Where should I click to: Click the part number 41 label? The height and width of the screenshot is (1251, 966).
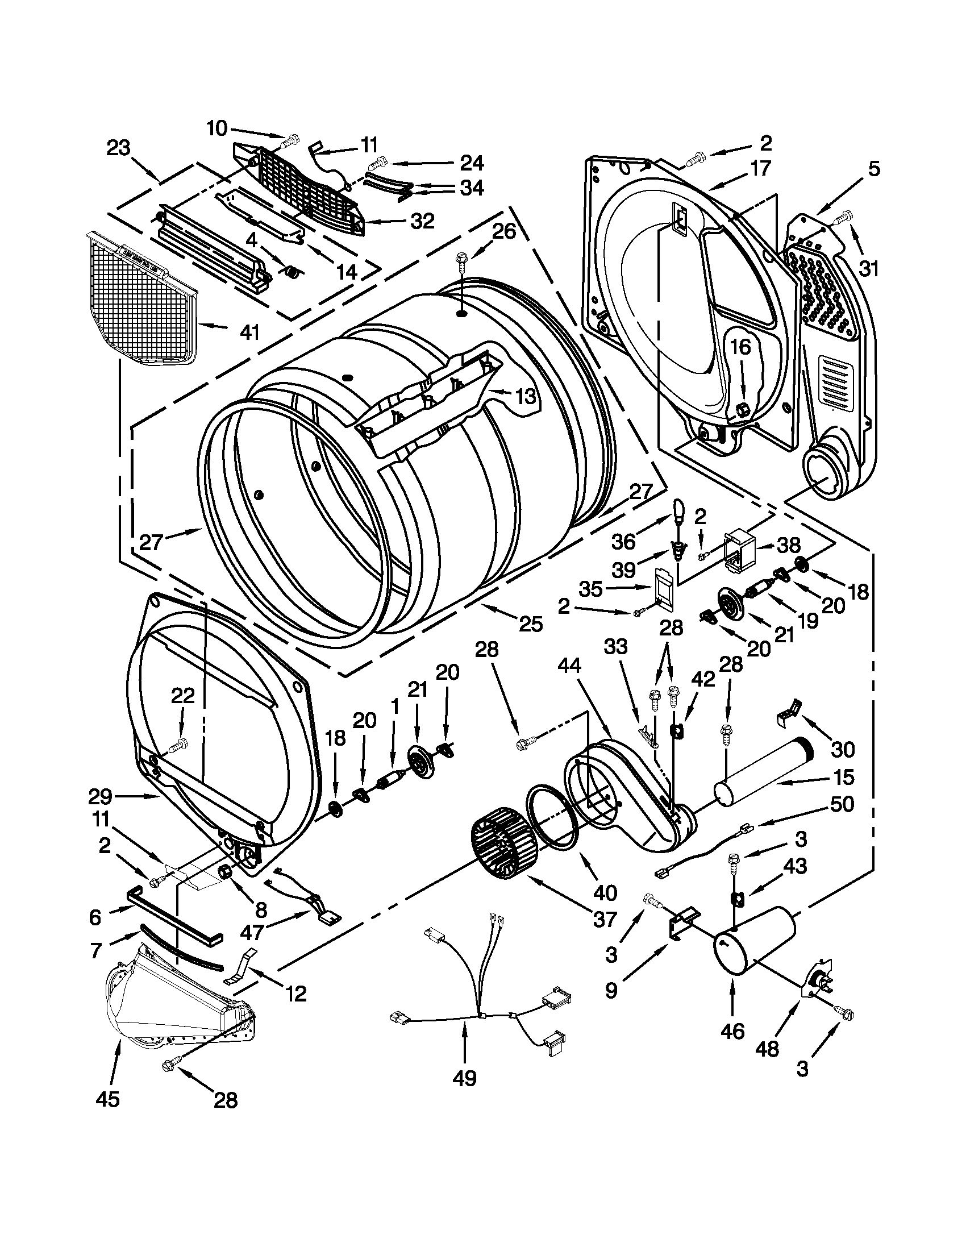click(249, 330)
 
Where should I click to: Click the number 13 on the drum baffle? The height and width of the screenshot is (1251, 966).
click(526, 395)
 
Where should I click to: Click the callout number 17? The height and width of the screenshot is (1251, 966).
click(760, 168)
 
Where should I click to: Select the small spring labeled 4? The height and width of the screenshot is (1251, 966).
click(292, 273)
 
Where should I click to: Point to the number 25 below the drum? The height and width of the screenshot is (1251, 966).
click(530, 623)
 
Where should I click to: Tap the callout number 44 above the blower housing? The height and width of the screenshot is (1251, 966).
click(569, 665)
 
